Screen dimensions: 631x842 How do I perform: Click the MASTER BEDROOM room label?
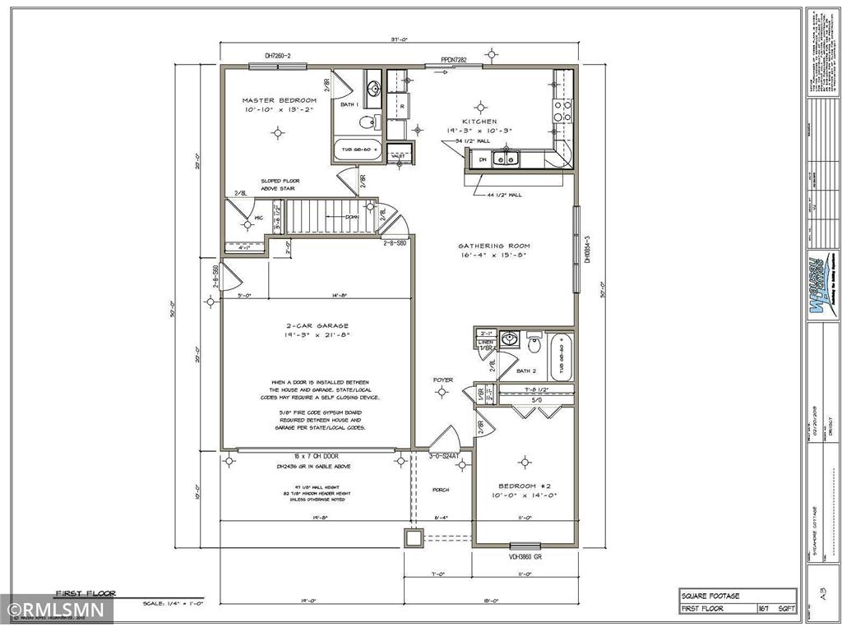279,100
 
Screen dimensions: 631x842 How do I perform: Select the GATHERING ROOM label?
493,246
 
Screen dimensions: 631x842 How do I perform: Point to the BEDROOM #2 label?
525,485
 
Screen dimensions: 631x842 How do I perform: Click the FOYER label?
442,380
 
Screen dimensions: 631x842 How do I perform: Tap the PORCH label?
441,489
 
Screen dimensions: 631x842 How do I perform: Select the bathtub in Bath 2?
562,357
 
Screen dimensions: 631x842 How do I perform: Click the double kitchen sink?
505,159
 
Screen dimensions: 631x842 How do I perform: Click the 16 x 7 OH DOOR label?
317,456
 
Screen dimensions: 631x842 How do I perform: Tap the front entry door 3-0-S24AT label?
444,457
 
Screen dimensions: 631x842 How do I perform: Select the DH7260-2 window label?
278,56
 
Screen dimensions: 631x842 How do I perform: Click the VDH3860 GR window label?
525,556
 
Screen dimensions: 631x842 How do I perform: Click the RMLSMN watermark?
56,610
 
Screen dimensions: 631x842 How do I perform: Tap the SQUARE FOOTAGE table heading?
710,595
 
